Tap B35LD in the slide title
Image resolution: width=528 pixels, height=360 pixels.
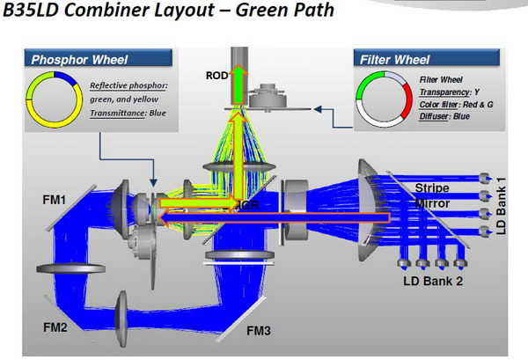pos(37,13)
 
